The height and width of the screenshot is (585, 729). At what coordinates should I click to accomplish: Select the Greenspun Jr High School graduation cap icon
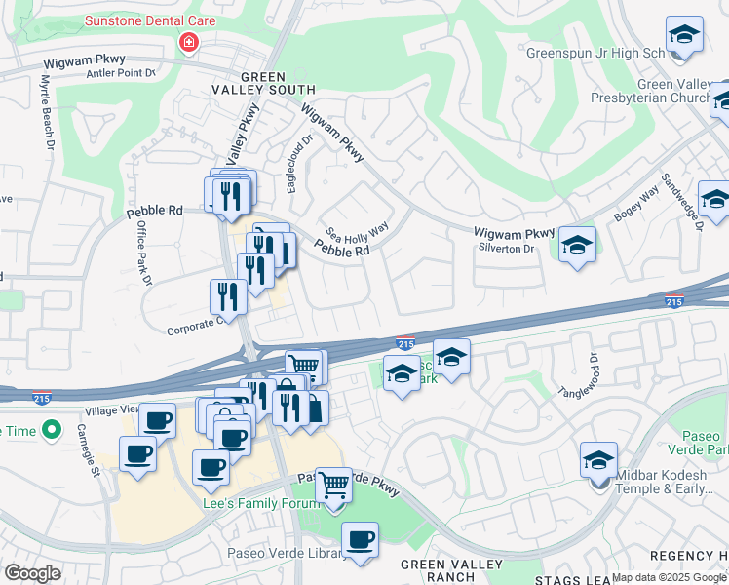click(685, 35)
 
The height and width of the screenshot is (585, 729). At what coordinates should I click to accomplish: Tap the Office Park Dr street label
click(143, 253)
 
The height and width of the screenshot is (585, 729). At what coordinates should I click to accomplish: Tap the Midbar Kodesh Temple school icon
click(598, 460)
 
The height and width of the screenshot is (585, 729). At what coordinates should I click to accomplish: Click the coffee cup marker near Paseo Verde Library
click(360, 540)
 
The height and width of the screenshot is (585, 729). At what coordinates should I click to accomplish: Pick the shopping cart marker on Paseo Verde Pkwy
click(334, 485)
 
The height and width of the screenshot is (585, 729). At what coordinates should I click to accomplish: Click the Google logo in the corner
click(32, 573)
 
